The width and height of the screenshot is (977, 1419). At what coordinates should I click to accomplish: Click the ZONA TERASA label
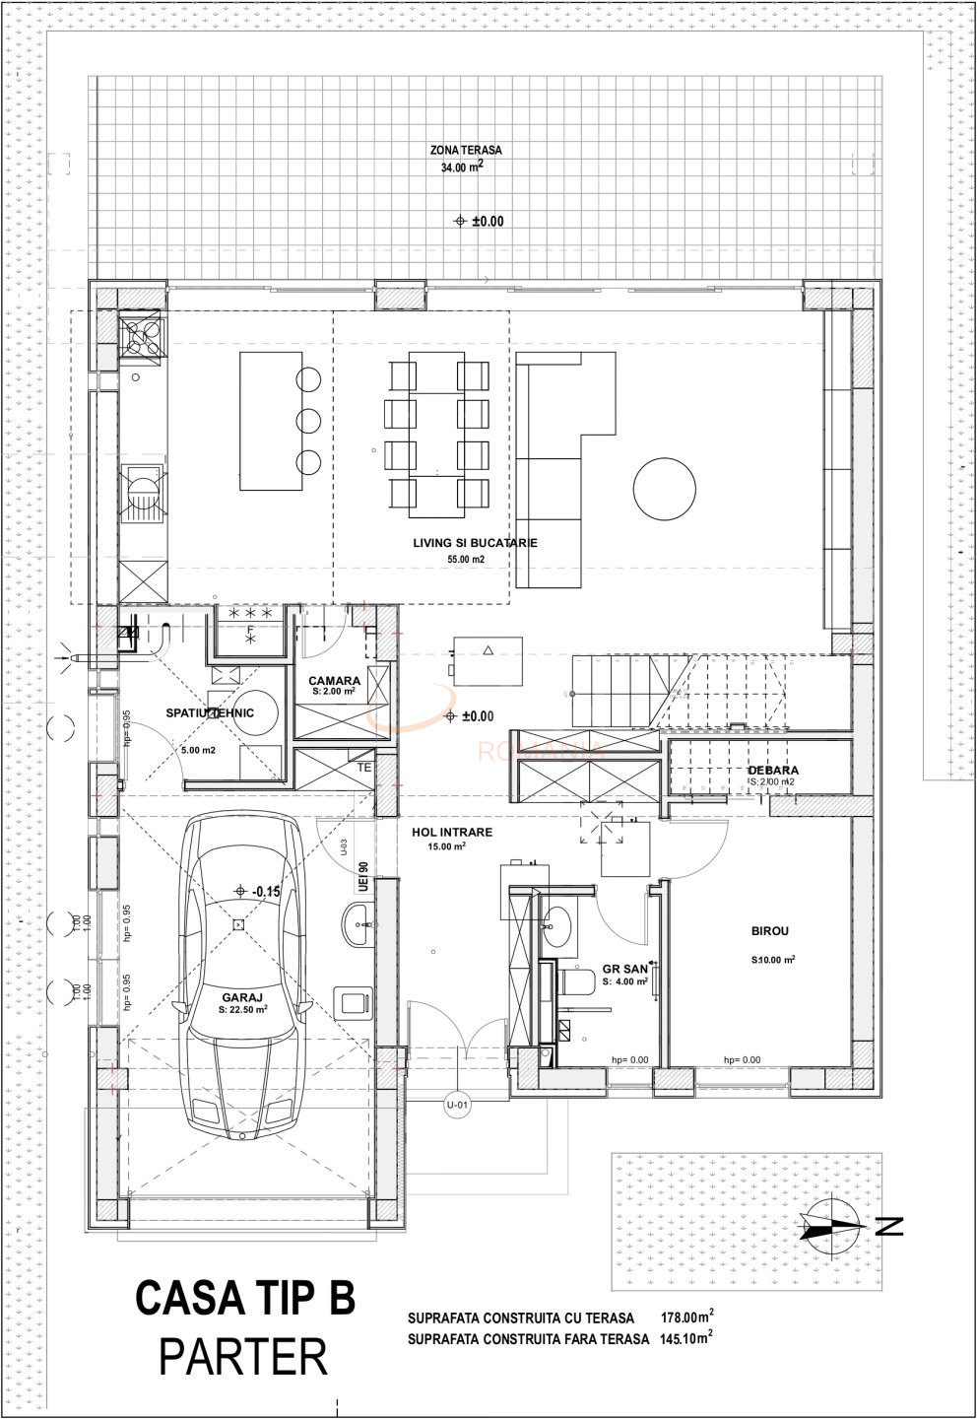[466, 151]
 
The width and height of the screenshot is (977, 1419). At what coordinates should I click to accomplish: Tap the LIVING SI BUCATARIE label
[475, 543]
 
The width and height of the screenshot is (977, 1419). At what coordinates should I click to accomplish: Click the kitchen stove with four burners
[142, 338]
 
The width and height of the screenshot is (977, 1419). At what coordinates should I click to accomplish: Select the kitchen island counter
[270, 421]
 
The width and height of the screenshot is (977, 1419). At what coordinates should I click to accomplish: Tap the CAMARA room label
[334, 681]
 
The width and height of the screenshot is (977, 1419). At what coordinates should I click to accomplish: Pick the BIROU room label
[769, 930]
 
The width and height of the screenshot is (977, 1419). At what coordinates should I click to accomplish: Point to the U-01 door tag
[458, 1104]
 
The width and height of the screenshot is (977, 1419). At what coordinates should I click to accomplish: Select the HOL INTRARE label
[452, 832]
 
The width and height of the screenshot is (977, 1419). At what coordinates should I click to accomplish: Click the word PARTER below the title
[243, 1358]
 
